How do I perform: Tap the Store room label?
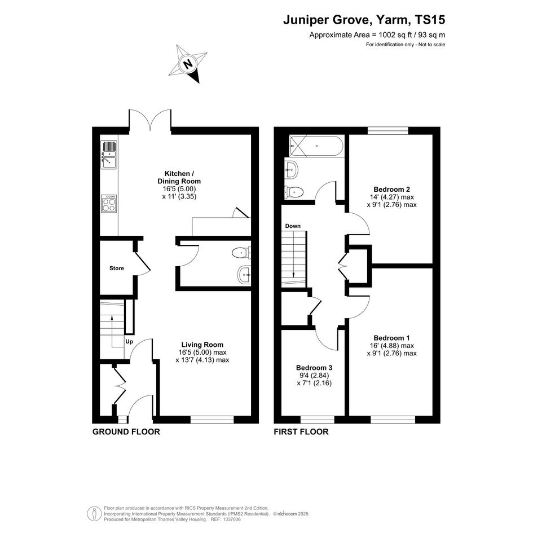[117, 268]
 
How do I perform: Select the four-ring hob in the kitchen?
[109, 204]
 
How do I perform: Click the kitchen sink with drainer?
[109, 155]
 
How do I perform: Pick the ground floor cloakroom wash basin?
[245, 274]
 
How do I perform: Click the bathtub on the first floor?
[316, 146]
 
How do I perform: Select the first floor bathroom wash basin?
[291, 169]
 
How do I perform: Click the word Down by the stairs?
[293, 226]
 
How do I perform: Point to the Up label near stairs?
[129, 342]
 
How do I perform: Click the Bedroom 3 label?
[314, 368]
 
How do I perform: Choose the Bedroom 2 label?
[391, 190]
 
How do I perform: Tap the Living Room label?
[202, 345]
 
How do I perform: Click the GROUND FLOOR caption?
[126, 431]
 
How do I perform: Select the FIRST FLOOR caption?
[301, 431]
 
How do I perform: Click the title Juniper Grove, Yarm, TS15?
[364, 20]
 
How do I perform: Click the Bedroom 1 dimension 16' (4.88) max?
[391, 346]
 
